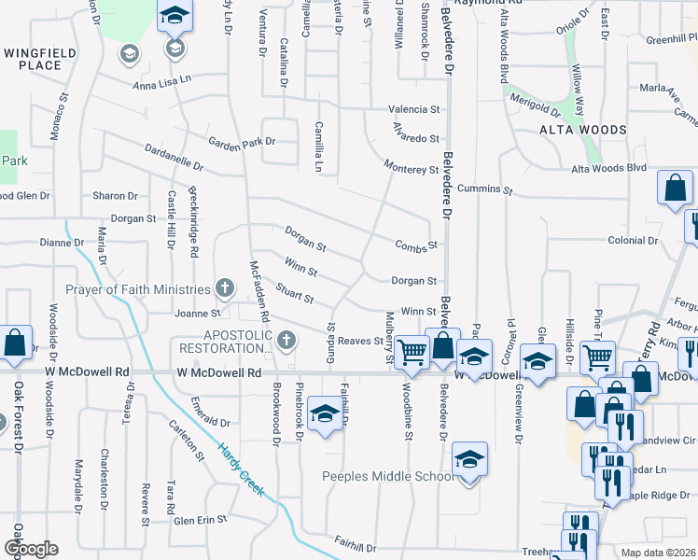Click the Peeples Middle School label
pos(388,477)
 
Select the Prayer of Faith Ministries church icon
pos(224,287)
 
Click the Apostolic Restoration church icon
pos(286,340)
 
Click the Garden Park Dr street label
pos(243,142)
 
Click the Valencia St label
pos(413,109)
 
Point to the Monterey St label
pos(412,169)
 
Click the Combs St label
pos(416,245)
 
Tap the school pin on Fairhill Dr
pos(325,413)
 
